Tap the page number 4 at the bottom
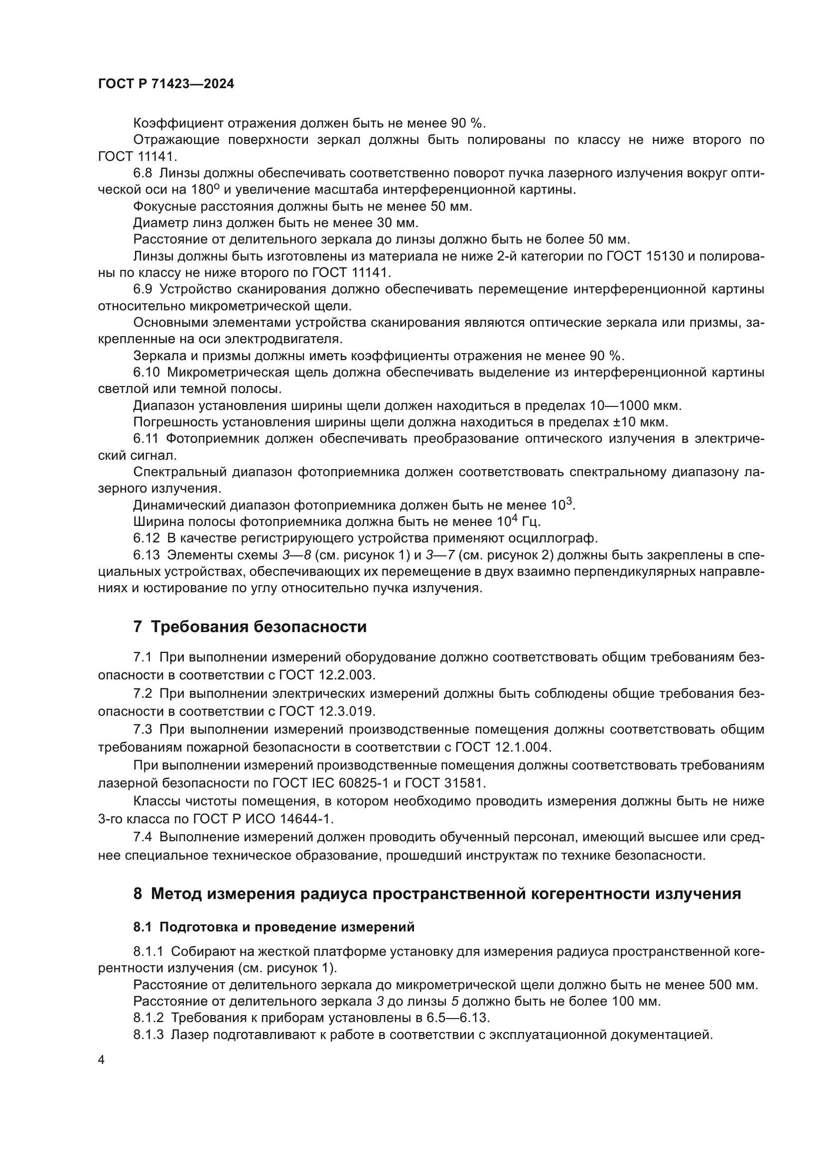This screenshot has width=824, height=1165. pos(101,1060)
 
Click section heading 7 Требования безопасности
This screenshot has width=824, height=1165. pos(250,627)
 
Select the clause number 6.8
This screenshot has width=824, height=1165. pos(142,173)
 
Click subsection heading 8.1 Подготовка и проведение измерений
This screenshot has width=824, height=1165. pos(274,927)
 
